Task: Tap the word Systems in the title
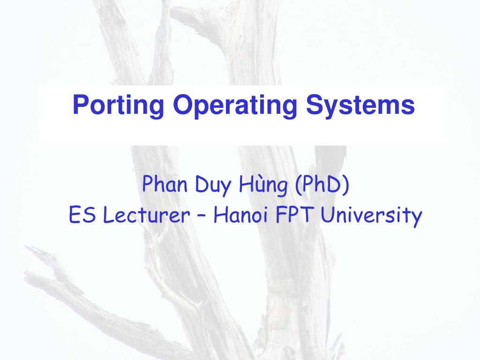pyautogui.click(x=360, y=105)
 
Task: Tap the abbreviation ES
pyautogui.click(x=80, y=216)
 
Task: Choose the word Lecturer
pyautogui.click(x=146, y=216)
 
